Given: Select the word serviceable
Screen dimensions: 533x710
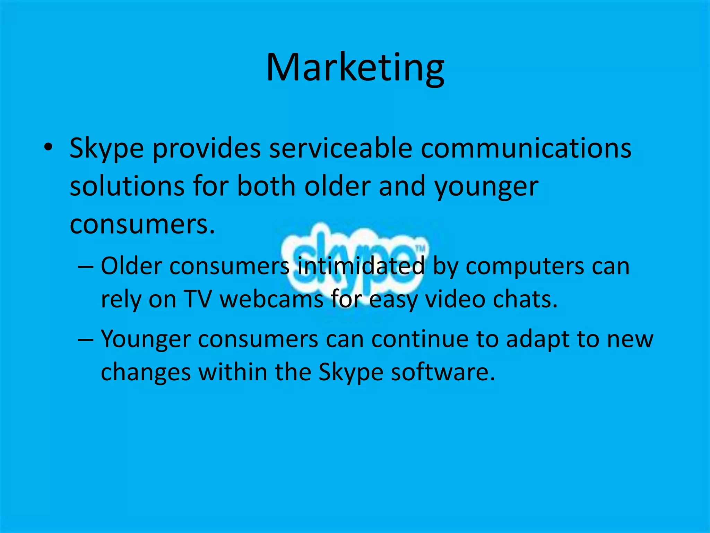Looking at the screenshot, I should coord(340,148).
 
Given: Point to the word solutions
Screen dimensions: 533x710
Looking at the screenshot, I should coord(127,186).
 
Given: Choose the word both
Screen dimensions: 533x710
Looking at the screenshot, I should coord(266,186).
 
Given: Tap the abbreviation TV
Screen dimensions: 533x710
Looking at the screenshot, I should coord(198,299).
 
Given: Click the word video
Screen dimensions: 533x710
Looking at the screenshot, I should coord(455,299).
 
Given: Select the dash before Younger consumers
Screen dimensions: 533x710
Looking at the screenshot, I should coord(85,339).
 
